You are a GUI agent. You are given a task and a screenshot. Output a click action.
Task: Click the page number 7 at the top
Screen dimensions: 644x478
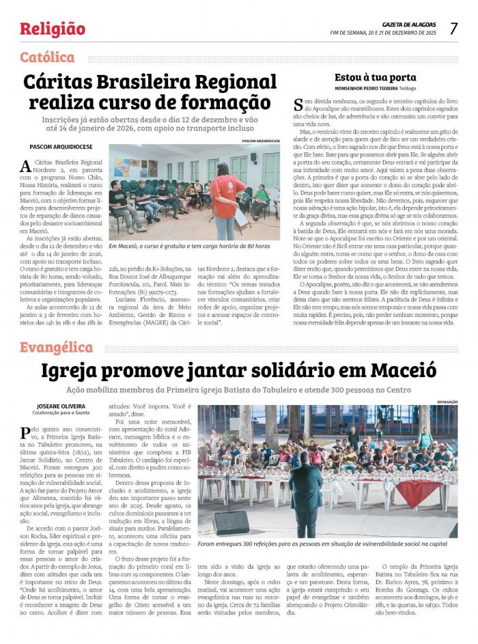pos(453,28)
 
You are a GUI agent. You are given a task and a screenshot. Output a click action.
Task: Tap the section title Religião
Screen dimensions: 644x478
pos(53,29)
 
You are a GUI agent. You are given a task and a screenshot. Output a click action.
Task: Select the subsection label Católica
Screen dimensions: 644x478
pos(47,57)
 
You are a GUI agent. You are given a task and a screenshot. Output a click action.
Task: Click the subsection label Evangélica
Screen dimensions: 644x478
pos(56,348)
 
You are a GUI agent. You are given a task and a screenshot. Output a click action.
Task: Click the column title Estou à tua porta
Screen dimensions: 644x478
pos(375,77)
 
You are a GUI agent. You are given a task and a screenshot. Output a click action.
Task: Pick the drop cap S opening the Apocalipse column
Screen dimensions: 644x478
pos(298,104)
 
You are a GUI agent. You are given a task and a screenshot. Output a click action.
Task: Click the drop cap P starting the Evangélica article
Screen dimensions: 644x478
pos(25,432)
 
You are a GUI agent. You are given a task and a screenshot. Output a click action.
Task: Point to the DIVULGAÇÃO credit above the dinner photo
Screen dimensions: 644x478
pos(446,402)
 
